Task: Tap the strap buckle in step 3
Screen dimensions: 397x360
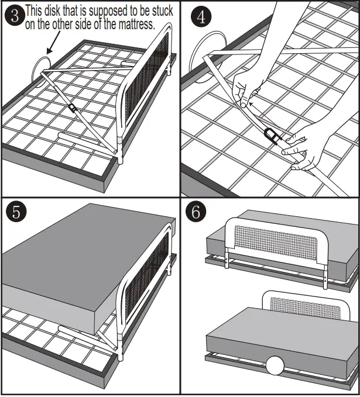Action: click(72, 109)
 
